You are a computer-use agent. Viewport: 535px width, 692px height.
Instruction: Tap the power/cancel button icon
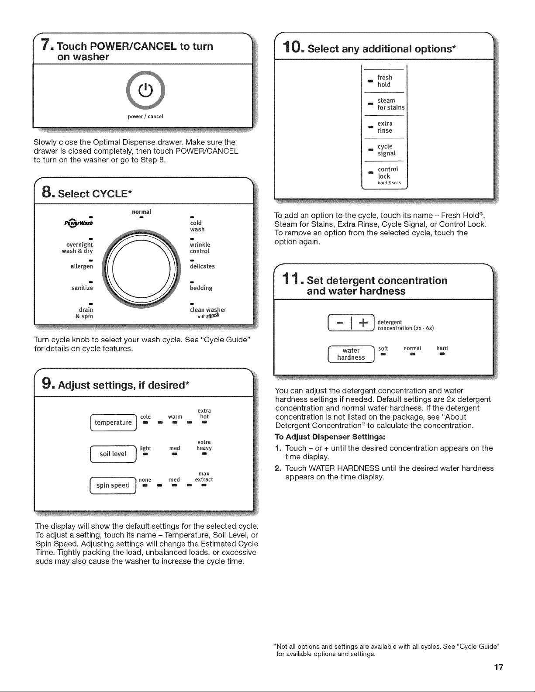[x=145, y=90]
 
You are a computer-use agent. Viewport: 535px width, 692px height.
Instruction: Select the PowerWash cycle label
[x=79, y=223]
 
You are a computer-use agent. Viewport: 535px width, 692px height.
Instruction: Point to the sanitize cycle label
[x=82, y=288]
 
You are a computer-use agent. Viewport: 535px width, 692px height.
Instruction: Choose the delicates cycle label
[x=202, y=266]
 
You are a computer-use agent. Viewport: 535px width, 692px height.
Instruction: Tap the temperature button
[x=114, y=423]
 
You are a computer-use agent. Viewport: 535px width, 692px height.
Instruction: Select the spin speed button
[x=113, y=485]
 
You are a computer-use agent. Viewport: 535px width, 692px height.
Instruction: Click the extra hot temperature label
[x=204, y=413]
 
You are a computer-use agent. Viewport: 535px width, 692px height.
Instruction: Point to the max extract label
[x=204, y=477]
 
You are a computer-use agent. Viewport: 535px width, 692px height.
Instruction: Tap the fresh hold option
[x=385, y=81]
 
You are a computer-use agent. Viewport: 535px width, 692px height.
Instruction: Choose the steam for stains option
[x=391, y=104]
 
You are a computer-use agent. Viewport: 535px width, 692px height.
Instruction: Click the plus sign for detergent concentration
[x=363, y=323]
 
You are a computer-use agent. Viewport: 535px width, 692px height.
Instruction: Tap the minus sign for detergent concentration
[x=340, y=323]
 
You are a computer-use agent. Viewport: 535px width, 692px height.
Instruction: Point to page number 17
[x=499, y=667]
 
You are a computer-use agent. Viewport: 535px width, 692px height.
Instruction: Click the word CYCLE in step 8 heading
[x=110, y=193]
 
